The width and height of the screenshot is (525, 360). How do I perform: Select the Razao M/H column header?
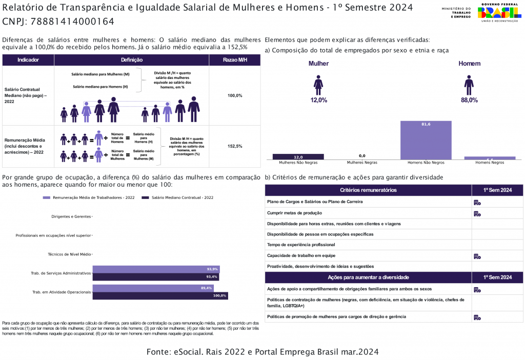(x=235, y=60)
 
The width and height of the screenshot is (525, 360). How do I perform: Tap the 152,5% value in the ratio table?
(x=235, y=146)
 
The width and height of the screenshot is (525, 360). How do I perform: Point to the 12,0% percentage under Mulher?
(x=318, y=100)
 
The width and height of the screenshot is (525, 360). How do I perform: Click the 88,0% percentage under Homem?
(x=469, y=100)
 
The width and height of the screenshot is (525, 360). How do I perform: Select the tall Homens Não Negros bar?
(x=426, y=140)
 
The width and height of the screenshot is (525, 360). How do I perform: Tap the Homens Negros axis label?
(x=490, y=163)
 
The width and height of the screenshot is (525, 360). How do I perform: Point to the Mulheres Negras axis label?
(x=362, y=163)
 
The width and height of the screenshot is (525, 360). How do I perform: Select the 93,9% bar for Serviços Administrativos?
(x=156, y=269)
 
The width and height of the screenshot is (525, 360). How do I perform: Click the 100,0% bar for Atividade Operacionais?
(x=160, y=295)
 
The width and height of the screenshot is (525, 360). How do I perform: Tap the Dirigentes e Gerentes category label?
(x=71, y=216)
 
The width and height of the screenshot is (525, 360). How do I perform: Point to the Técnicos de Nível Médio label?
(x=69, y=254)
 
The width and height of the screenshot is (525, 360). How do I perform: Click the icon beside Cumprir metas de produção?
(x=477, y=213)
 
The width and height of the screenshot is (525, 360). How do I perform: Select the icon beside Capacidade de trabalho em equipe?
(x=477, y=256)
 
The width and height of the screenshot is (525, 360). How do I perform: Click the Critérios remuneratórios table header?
(x=368, y=190)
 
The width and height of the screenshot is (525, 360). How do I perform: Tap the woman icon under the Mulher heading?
(x=318, y=85)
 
